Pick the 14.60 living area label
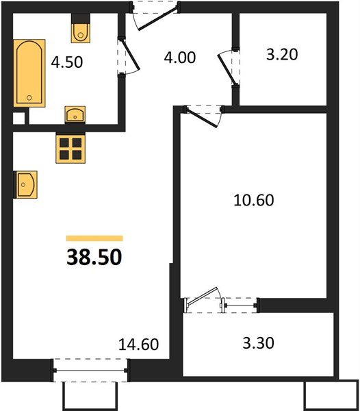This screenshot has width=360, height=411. point(140,344)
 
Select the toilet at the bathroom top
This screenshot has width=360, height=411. point(80,30)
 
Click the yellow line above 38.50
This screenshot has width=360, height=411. point(94,238)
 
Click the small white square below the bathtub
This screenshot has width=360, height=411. point(18,117)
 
